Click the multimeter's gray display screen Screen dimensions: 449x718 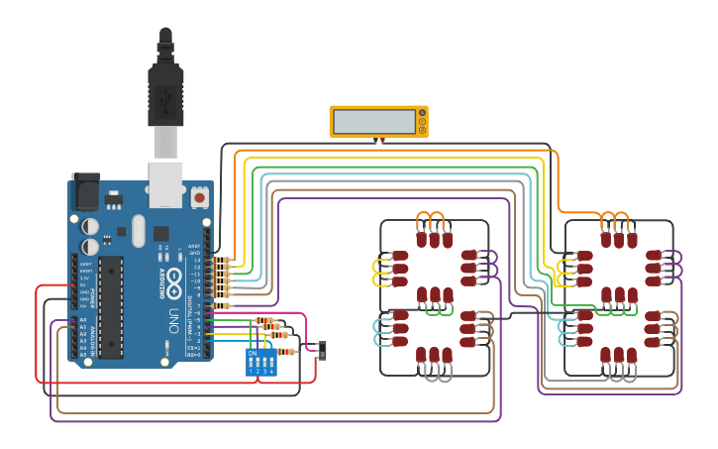(x=374, y=122)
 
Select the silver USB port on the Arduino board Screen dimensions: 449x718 (x=165, y=182)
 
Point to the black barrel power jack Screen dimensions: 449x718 (x=85, y=191)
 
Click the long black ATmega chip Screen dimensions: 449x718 (x=111, y=306)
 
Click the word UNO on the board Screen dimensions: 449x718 (x=173, y=319)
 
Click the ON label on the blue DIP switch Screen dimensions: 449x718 (x=252, y=353)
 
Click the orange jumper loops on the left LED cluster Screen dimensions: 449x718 (x=433, y=219)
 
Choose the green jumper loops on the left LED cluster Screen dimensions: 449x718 (x=433, y=309)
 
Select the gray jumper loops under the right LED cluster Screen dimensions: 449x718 (x=618, y=374)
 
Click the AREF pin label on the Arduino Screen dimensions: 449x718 (x=195, y=246)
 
